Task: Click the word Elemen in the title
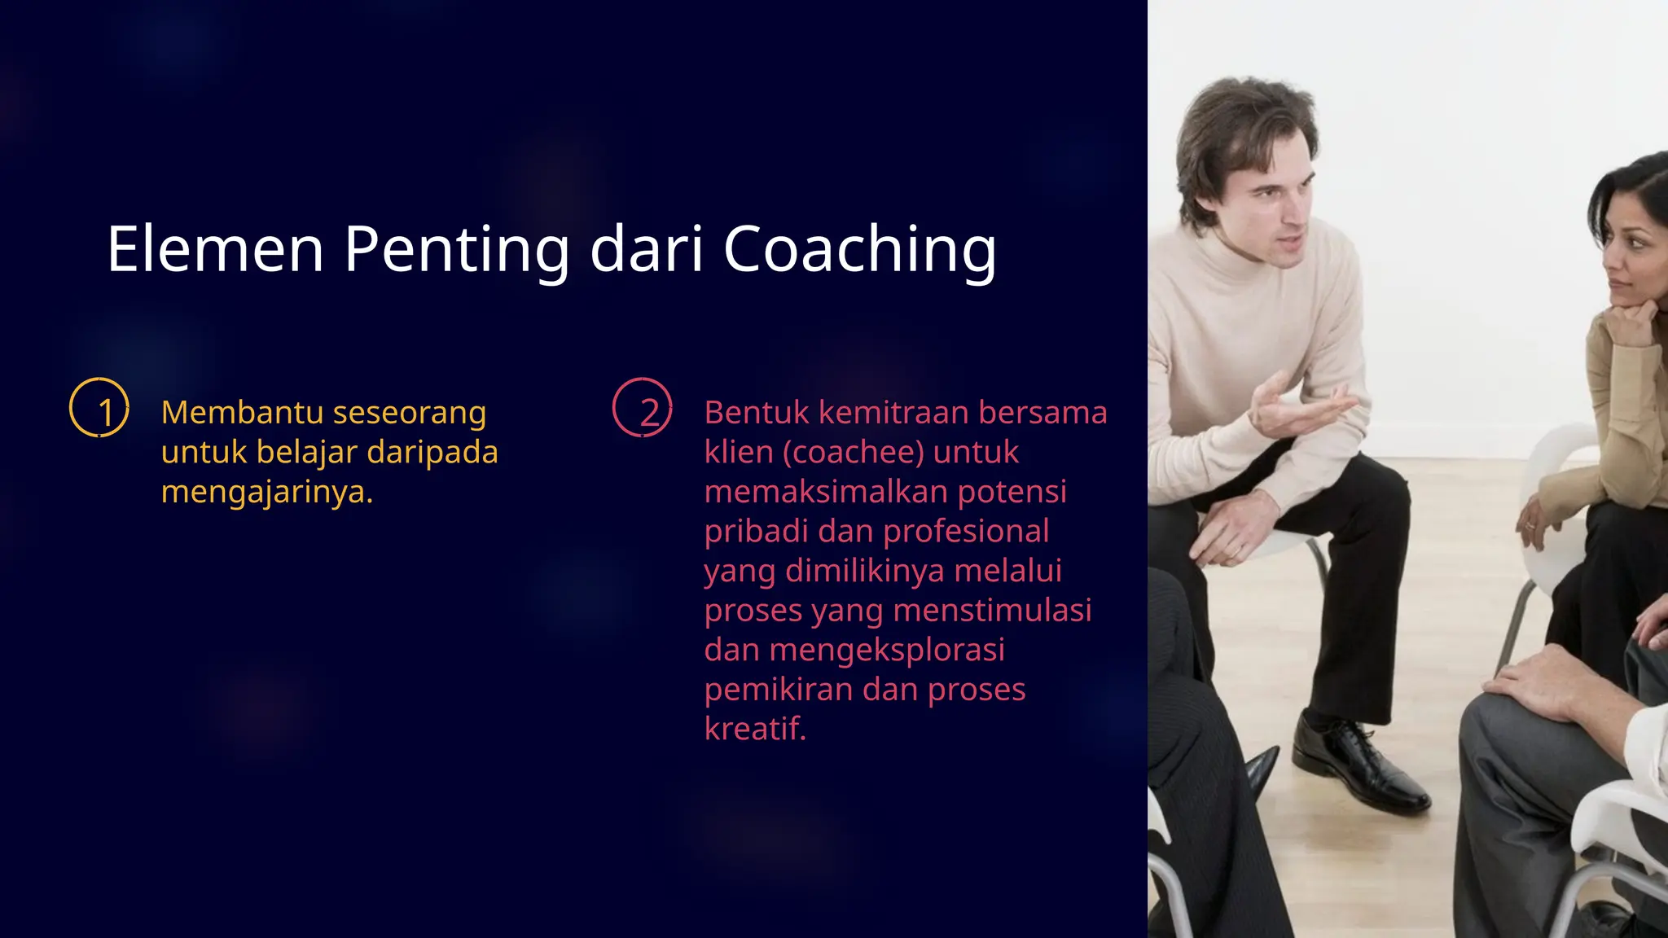[x=216, y=249]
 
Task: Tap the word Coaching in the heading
[x=859, y=249]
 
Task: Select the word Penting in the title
[x=456, y=249]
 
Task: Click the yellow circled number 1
[x=99, y=408]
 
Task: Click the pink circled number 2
[x=643, y=408]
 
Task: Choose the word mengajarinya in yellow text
[x=266, y=492]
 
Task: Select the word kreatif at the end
[x=754, y=729]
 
